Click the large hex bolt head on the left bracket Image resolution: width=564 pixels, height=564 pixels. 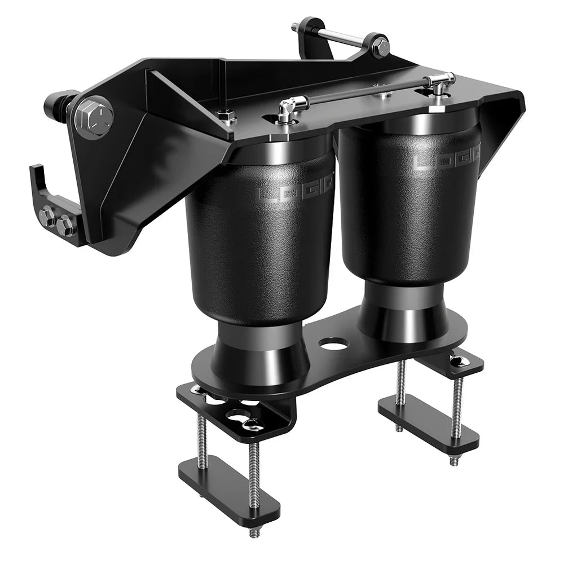point(93,117)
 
